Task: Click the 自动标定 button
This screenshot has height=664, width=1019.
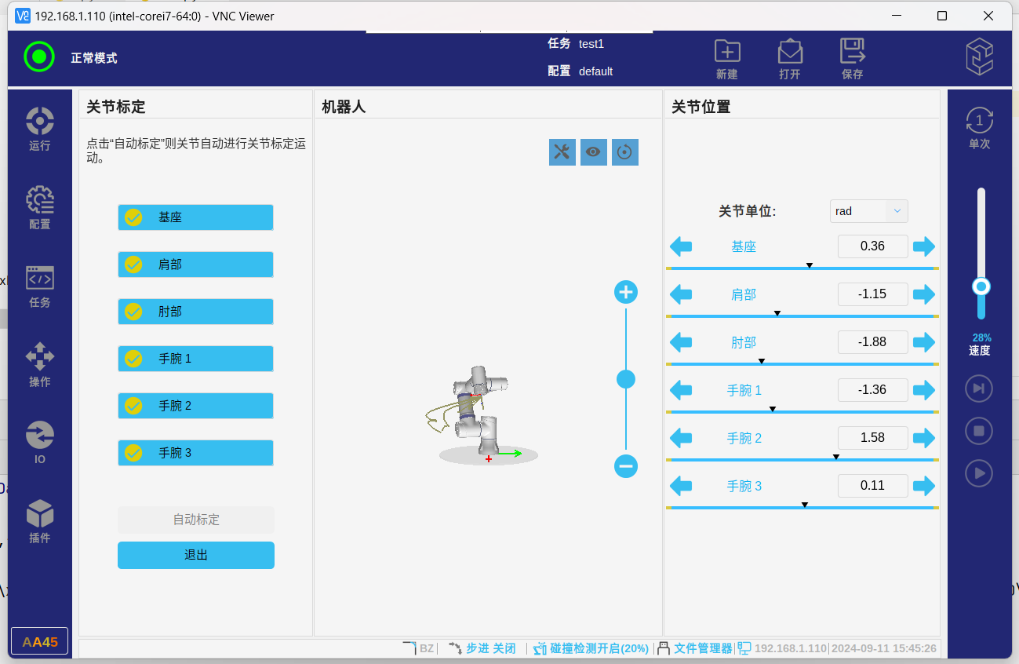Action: pyautogui.click(x=196, y=520)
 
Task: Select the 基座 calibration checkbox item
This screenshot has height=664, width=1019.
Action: pyautogui.click(x=195, y=217)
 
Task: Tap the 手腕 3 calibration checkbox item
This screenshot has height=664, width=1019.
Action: pyautogui.click(x=195, y=453)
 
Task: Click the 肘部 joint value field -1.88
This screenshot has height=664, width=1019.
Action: pyautogui.click(x=872, y=342)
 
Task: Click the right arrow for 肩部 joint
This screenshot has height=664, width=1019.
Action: pyautogui.click(x=924, y=294)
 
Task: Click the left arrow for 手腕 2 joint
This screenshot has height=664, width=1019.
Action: pyautogui.click(x=681, y=438)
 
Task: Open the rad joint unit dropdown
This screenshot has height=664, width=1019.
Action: pyautogui.click(x=868, y=211)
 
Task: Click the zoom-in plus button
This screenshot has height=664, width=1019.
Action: pyautogui.click(x=626, y=293)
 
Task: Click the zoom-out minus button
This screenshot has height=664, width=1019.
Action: pyautogui.click(x=626, y=466)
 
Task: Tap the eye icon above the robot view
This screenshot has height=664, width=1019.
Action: pyautogui.click(x=594, y=152)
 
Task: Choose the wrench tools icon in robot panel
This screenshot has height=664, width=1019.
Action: pyautogui.click(x=562, y=152)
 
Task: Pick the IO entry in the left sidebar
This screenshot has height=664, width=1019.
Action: pyautogui.click(x=40, y=443)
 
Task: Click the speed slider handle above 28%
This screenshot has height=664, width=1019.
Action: pyautogui.click(x=981, y=286)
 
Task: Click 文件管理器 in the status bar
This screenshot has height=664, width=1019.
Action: pyautogui.click(x=702, y=648)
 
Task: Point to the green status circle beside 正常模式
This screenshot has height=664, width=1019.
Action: pyautogui.click(x=39, y=57)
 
